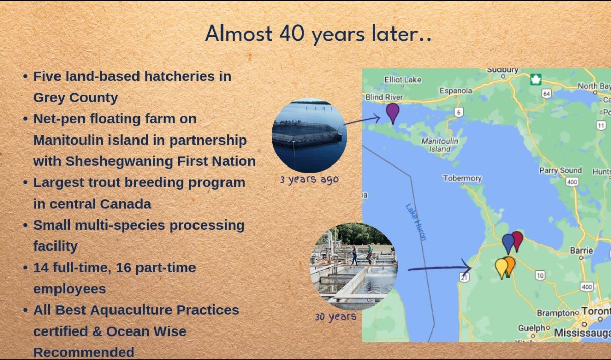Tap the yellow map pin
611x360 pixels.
(501, 268)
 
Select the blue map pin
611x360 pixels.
(508, 243)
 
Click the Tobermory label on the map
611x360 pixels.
(462, 178)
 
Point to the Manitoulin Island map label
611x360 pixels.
(439, 145)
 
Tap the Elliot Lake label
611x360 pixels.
(403, 80)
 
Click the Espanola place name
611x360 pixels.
(456, 91)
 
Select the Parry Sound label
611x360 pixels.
(561, 171)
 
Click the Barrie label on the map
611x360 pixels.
(581, 251)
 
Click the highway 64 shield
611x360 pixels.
(547, 94)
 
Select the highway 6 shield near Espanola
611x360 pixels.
(459, 112)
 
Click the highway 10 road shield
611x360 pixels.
(540, 275)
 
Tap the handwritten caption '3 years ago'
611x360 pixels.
(309, 179)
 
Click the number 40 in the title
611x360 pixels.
(292, 33)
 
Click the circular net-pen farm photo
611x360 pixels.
(310, 135)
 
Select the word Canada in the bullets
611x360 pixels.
(125, 204)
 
